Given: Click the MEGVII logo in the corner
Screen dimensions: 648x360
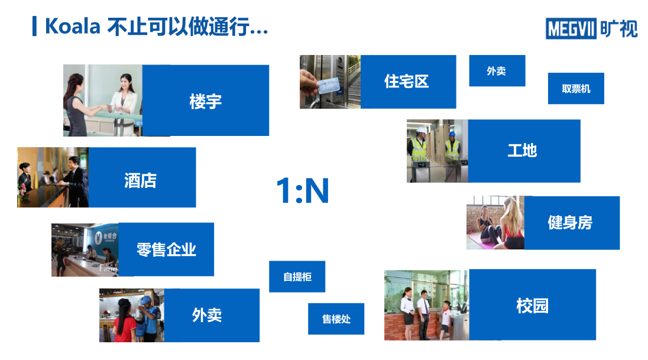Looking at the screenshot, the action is click(591, 28).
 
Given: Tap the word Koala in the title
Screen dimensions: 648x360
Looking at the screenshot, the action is click(72, 27).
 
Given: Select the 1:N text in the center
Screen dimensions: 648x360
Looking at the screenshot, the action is click(303, 190).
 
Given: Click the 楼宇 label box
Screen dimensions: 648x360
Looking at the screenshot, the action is click(205, 100).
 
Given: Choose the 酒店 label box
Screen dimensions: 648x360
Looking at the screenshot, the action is click(142, 177).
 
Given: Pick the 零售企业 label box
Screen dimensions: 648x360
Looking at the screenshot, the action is click(166, 249).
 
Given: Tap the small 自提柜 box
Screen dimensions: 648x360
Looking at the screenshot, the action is click(297, 277).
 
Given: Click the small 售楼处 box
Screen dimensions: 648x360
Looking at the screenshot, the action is click(336, 319).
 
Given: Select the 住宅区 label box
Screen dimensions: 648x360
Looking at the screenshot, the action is click(409, 82).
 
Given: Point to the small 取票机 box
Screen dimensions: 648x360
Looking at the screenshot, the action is click(576, 89).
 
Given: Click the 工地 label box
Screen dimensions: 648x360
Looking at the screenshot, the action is click(524, 151).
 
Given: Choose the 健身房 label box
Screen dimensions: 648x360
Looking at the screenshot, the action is click(572, 223).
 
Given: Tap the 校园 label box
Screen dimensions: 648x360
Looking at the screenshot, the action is click(532, 304).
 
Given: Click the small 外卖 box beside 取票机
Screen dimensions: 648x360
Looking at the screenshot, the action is click(497, 71).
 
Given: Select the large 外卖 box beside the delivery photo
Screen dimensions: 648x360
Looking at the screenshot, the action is click(212, 315).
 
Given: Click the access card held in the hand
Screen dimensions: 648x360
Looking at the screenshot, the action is click(329, 86).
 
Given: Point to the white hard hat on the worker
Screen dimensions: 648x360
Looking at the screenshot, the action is click(421, 130).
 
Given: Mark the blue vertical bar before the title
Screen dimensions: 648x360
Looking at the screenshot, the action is click(35, 26).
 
